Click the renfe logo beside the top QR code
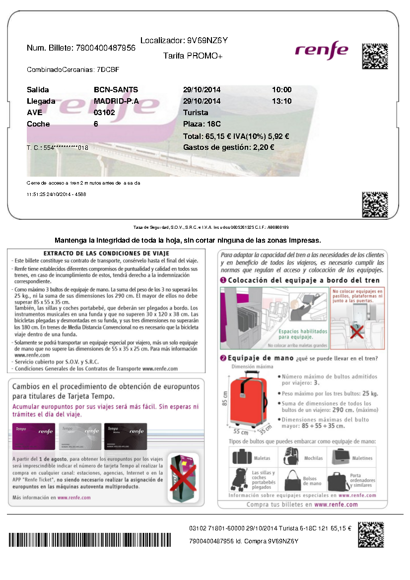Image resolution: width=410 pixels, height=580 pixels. pyautogui.click(x=321, y=49)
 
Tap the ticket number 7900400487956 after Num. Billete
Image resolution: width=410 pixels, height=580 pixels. pyautogui.click(x=106, y=48)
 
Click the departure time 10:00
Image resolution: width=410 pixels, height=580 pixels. pyautogui.click(x=281, y=90)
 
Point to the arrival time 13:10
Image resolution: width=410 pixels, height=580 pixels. pyautogui.click(x=281, y=101)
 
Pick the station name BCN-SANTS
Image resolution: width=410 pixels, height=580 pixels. pyautogui.click(x=116, y=90)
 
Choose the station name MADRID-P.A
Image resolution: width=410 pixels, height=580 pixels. pyautogui.click(x=116, y=101)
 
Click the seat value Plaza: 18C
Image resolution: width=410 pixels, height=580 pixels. pyautogui.click(x=202, y=124)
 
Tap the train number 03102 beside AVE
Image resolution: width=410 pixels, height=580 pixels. pyautogui.click(x=104, y=113)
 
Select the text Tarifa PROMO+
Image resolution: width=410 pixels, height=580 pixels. pyautogui.click(x=193, y=56)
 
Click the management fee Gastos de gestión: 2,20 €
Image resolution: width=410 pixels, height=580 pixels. pyautogui.click(x=229, y=147)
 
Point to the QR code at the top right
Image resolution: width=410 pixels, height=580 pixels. pyautogui.click(x=375, y=56)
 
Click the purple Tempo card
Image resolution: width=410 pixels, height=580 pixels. pyautogui.click(x=34, y=437)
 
